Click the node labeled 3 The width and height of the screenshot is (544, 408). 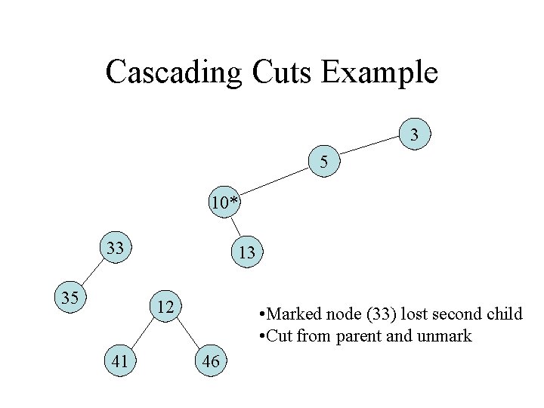414,136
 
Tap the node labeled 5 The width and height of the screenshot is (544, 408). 324,162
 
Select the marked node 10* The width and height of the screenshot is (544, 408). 225,202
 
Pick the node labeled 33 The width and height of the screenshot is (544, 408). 116,248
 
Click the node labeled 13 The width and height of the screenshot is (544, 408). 246,253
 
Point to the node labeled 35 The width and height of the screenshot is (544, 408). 70,297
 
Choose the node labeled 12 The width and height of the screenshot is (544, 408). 165,307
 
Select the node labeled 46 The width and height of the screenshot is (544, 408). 211,361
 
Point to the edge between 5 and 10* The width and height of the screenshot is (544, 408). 275,182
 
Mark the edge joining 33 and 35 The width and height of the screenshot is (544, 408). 92,273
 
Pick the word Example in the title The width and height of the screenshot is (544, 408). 380,73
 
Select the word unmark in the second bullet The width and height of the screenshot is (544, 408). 445,335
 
